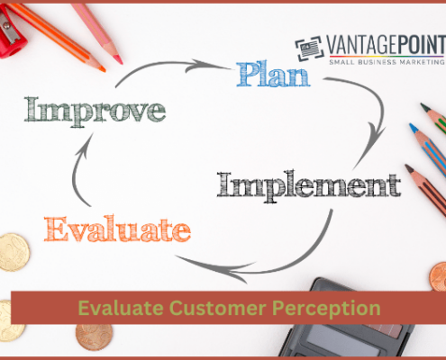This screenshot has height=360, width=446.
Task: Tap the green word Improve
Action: coord(96,110)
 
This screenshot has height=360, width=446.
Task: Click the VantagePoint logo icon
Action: coord(309,49)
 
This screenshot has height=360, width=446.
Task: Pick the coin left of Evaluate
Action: coord(13,251)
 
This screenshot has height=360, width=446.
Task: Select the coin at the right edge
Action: coord(437,274)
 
